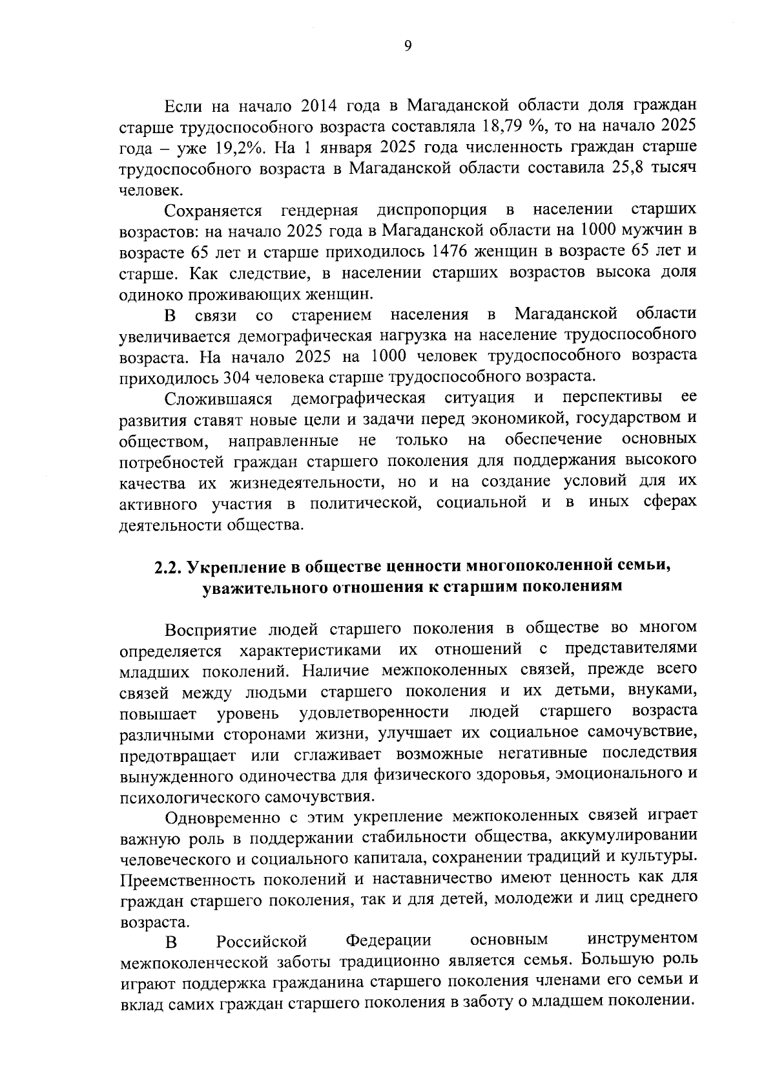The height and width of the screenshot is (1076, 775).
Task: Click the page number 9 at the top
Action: pyautogui.click(x=407, y=45)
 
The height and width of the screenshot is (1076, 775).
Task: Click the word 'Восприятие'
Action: pyautogui.click(x=210, y=629)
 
